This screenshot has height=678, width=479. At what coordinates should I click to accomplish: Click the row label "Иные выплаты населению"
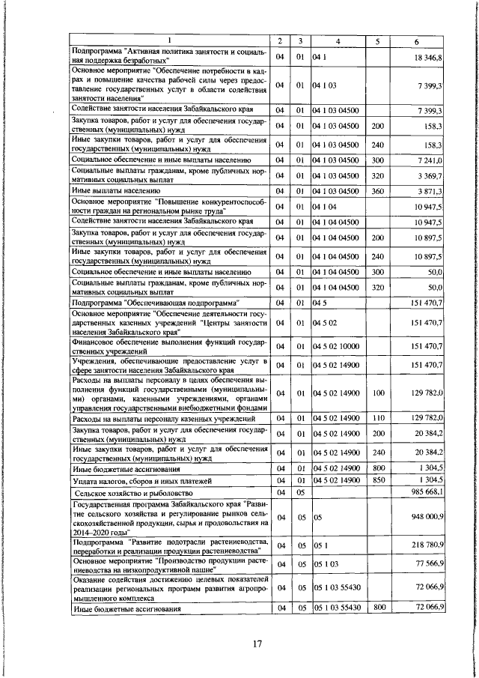click(x=113, y=191)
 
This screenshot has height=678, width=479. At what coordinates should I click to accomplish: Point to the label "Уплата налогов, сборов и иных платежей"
click(x=142, y=479)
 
